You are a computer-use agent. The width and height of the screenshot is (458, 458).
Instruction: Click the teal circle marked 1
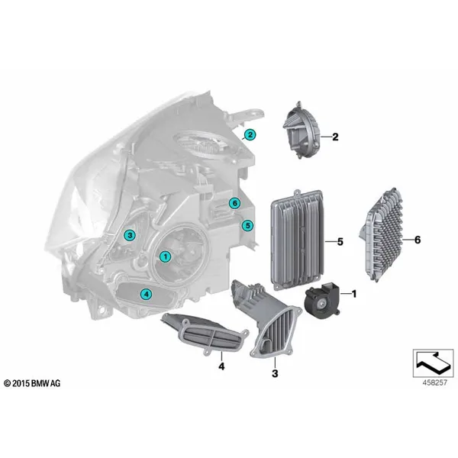pyautogui.click(x=166, y=256)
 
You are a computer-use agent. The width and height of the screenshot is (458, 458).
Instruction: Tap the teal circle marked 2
pyautogui.click(x=250, y=135)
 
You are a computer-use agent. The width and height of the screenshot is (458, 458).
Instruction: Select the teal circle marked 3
pyautogui.click(x=130, y=235)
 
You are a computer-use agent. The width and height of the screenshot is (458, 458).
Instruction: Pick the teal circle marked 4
pyautogui.click(x=146, y=294)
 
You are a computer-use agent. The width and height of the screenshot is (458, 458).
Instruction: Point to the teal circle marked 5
pyautogui.click(x=247, y=225)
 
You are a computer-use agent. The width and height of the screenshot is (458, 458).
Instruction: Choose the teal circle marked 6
pyautogui.click(x=234, y=203)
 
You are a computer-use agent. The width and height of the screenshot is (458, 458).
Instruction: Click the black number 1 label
pyautogui.click(x=354, y=294)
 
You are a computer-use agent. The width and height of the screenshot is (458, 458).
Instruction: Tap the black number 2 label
pyautogui.click(x=335, y=137)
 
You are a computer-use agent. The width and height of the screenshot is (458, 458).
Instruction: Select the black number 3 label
pyautogui.click(x=275, y=373)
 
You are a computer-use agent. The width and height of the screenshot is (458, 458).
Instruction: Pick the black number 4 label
pyautogui.click(x=221, y=366)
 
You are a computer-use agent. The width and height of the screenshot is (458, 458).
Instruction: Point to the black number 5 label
pyautogui.click(x=340, y=242)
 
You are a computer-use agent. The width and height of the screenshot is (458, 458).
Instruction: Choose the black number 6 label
pyautogui.click(x=418, y=240)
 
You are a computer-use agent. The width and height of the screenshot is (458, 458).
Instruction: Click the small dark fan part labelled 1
pyautogui.click(x=322, y=301)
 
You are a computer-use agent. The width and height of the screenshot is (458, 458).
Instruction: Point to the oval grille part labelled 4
pyautogui.click(x=205, y=334)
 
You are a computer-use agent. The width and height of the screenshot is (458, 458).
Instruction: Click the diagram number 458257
pyautogui.click(x=434, y=383)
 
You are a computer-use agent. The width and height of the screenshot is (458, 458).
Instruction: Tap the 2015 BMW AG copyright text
pyautogui.click(x=32, y=383)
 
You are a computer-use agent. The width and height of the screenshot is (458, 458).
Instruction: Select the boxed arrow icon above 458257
pyautogui.click(x=433, y=363)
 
